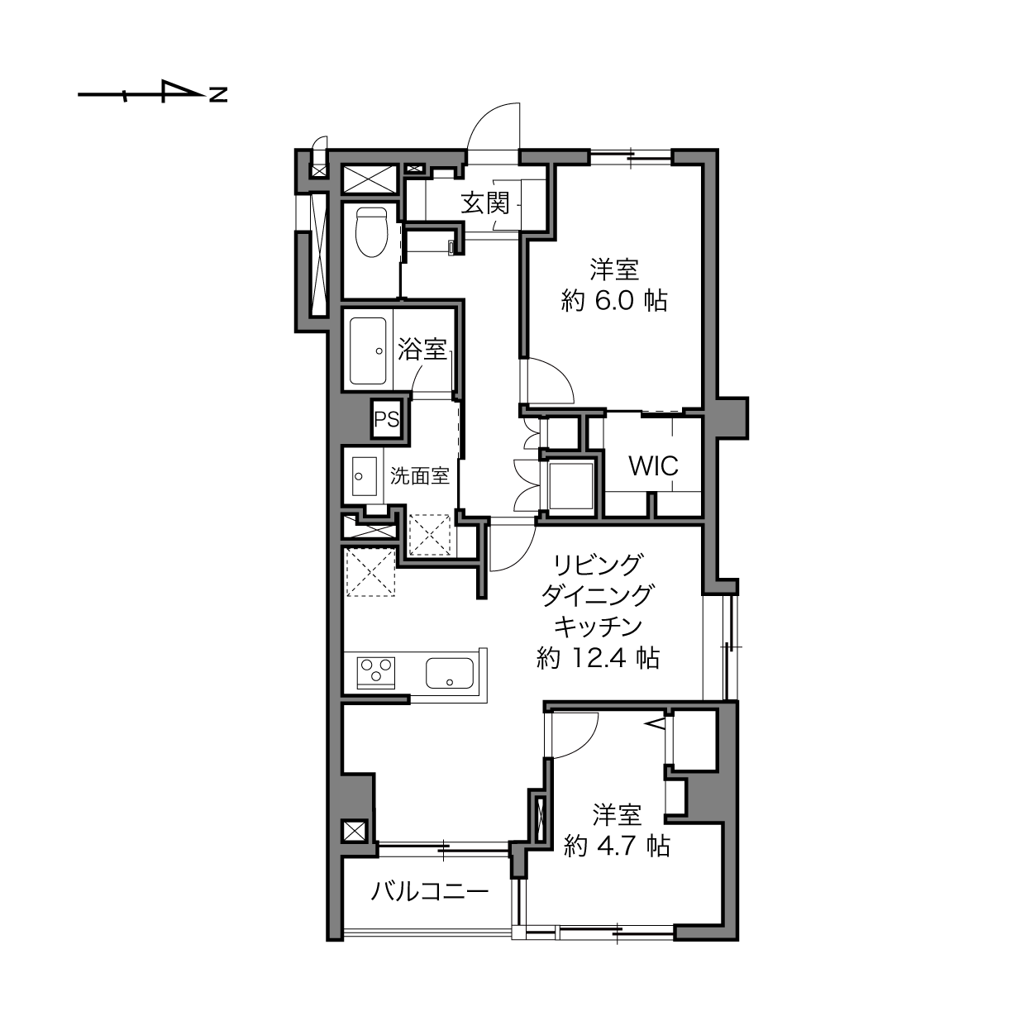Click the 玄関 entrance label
click(x=485, y=203)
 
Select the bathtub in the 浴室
click(x=368, y=351)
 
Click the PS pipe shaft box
click(x=387, y=418)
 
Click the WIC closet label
click(x=654, y=465)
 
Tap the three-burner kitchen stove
click(x=376, y=672)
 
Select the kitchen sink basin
click(x=450, y=673)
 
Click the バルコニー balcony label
click(x=430, y=892)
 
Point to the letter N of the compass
click(x=218, y=94)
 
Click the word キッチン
click(x=598, y=626)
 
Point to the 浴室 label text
click(x=422, y=349)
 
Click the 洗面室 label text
click(x=419, y=476)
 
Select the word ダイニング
click(x=598, y=595)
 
